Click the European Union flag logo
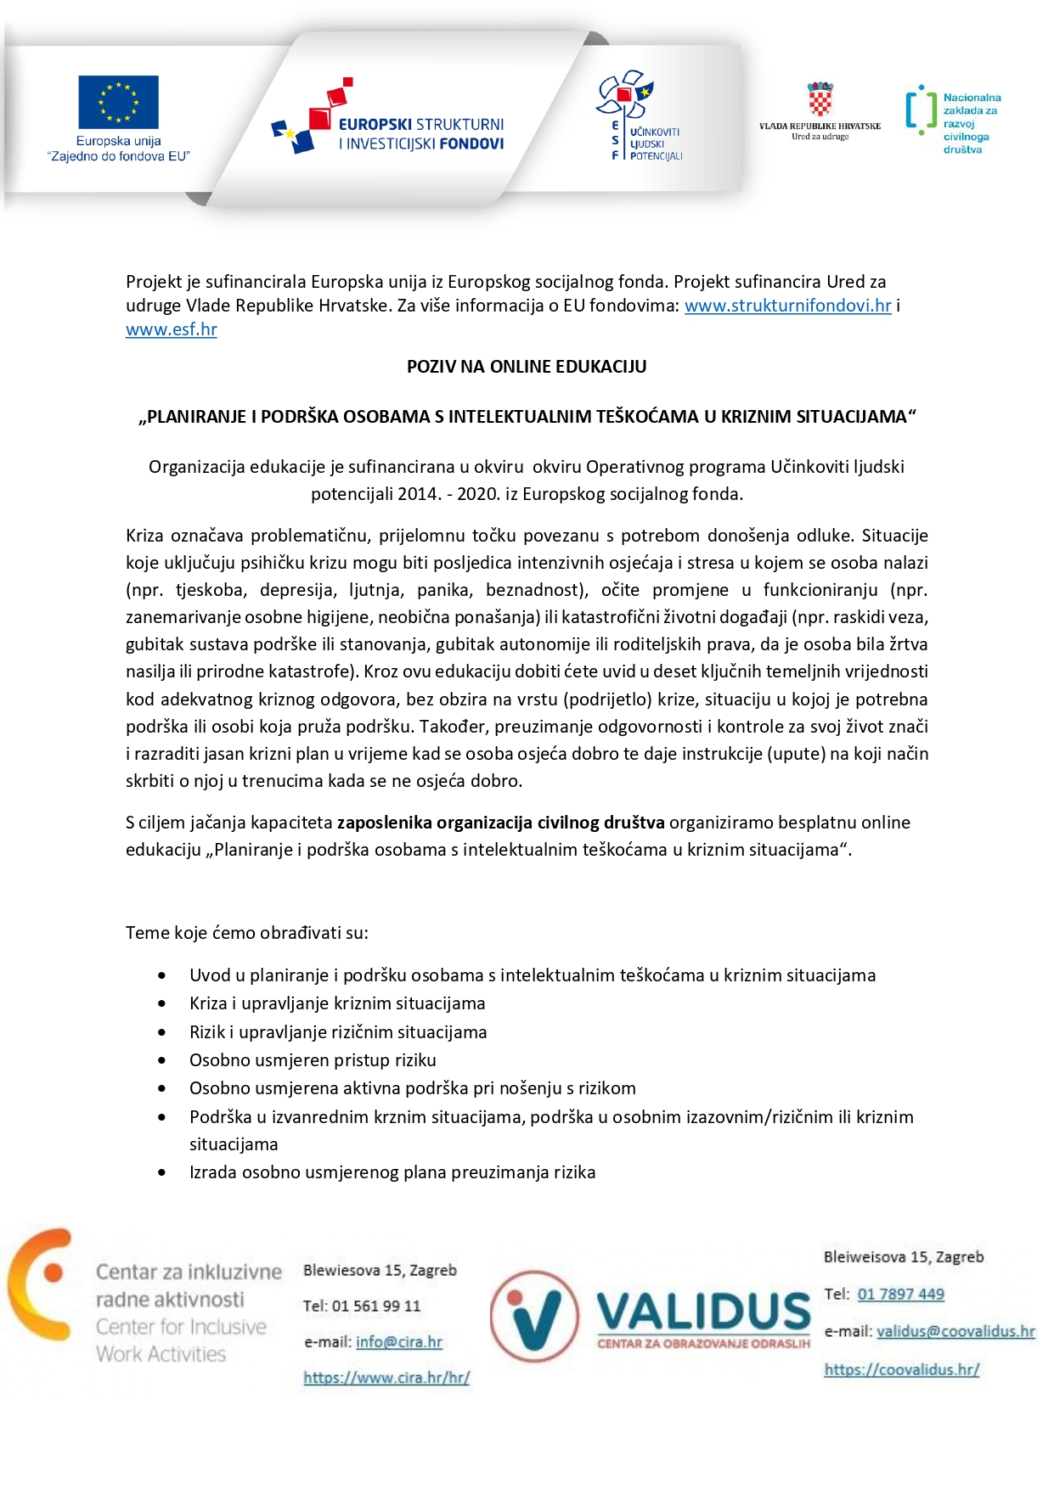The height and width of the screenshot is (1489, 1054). [x=118, y=102]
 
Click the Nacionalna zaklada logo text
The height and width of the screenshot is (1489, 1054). [x=971, y=123]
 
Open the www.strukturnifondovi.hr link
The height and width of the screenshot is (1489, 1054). [x=787, y=306]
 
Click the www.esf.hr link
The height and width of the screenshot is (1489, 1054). [x=172, y=329]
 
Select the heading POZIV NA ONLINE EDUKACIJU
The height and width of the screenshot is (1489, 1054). [x=527, y=367]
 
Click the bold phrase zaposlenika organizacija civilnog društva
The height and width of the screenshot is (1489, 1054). [x=500, y=823]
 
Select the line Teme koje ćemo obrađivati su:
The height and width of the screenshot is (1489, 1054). [x=247, y=933]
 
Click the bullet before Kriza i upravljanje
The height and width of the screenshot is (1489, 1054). [x=162, y=1003]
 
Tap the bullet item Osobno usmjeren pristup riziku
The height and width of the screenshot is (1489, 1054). [x=313, y=1060]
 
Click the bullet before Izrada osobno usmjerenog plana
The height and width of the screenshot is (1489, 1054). [x=162, y=1172]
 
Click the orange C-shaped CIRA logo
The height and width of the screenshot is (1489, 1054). [x=41, y=1283]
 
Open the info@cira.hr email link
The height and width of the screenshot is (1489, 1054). [x=399, y=1342]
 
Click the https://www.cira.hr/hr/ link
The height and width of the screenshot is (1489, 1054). [x=386, y=1378]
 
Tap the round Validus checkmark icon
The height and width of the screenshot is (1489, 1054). [x=534, y=1316]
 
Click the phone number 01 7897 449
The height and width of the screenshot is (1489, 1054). [x=900, y=1295]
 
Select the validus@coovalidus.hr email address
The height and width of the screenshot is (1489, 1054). [x=955, y=1331]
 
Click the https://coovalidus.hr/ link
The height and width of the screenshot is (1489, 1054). [x=901, y=1369]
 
